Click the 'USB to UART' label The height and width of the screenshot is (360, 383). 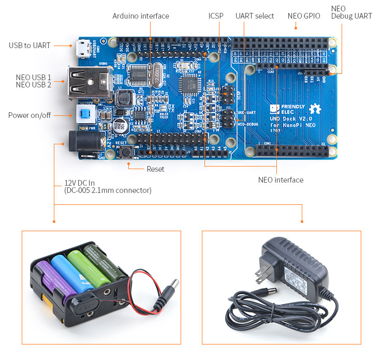[30, 46]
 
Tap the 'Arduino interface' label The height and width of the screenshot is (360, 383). [141, 16]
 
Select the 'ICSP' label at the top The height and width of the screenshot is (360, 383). [216, 16]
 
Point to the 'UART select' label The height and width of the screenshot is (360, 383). [255, 16]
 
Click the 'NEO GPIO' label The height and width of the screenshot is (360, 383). [304, 16]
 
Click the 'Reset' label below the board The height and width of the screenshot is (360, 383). [155, 169]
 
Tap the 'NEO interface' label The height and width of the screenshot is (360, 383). [281, 180]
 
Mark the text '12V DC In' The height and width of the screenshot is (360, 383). [80, 183]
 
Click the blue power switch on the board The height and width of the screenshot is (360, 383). [83, 114]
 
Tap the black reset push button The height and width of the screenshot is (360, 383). [125, 152]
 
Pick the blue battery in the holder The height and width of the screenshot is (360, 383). [67, 271]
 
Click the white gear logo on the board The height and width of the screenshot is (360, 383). [315, 109]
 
